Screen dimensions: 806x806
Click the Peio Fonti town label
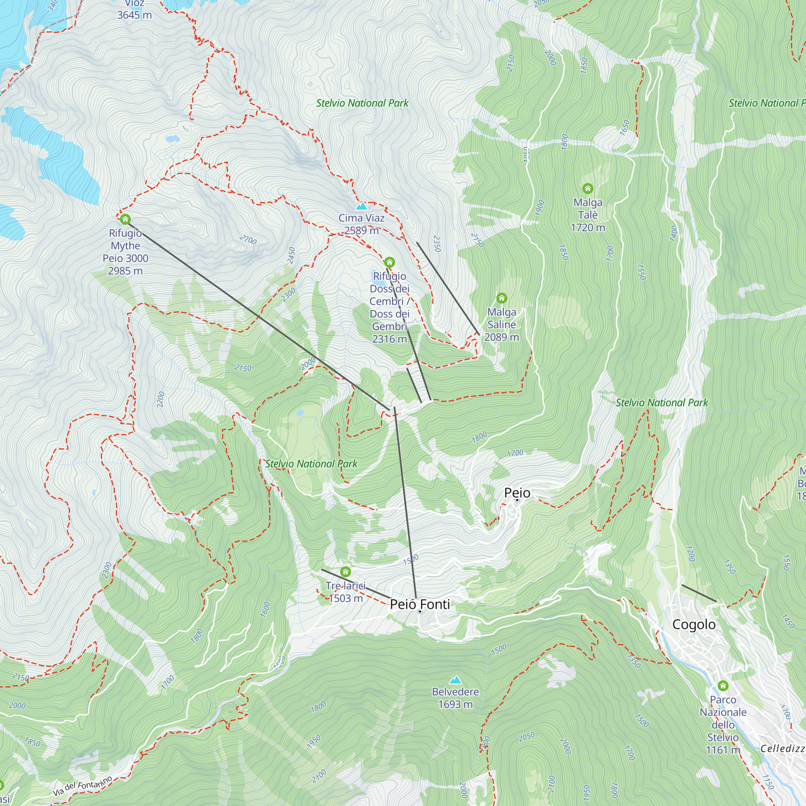click(420, 604)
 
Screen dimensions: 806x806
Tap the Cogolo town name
click(694, 625)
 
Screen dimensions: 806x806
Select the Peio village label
click(517, 493)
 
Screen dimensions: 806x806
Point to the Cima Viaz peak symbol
click(361, 206)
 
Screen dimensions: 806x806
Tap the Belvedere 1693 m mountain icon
click(455, 680)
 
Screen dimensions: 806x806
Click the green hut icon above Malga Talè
click(588, 189)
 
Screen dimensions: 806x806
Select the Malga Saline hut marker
click(501, 298)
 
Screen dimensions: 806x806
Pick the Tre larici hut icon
click(345, 571)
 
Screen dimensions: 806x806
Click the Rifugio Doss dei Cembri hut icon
click(389, 262)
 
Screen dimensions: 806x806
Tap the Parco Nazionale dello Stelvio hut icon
click(723, 686)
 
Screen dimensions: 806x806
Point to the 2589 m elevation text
click(361, 230)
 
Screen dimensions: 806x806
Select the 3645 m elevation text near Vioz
click(134, 15)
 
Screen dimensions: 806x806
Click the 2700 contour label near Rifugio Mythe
click(248, 239)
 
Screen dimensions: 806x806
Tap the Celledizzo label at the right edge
click(782, 748)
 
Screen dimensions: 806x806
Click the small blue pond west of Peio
click(299, 413)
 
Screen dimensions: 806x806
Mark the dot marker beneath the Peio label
click(517, 500)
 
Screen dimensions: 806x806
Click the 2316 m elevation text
click(389, 339)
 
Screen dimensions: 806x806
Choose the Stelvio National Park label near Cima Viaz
click(362, 103)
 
